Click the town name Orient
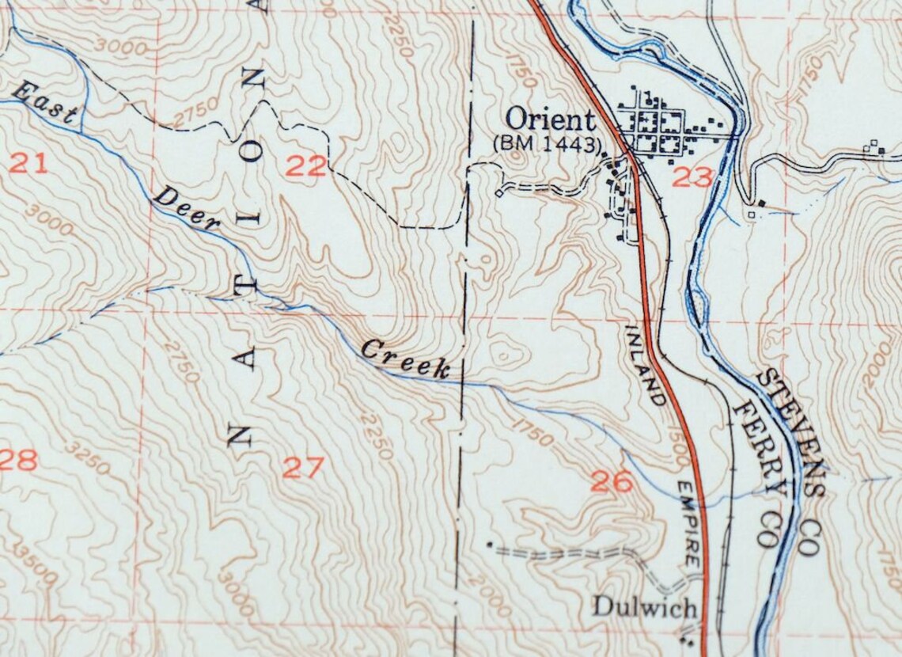[549, 120]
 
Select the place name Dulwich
[645, 608]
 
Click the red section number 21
[28, 165]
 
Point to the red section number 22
[305, 166]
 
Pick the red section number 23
[692, 177]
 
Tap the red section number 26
[612, 481]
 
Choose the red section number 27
[303, 468]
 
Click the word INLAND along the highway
[646, 365]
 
